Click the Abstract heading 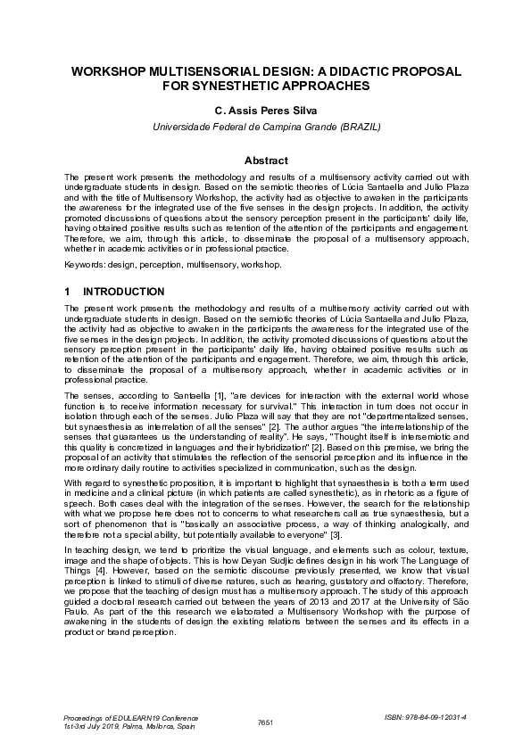pos(266,161)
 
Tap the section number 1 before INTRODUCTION pos(68,292)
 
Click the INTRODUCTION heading pos(123,292)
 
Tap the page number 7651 pos(265,721)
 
